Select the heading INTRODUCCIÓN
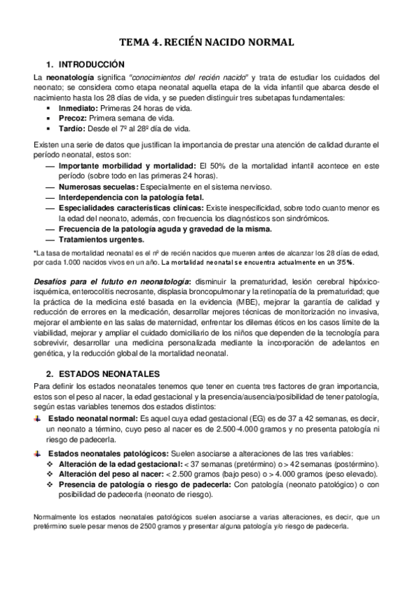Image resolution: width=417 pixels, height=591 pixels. (90, 63)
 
